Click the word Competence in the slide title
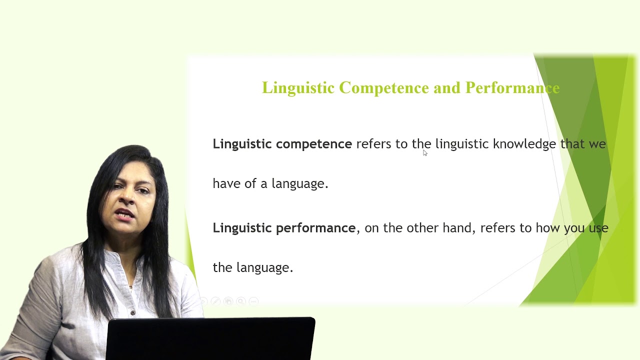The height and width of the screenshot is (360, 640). [383, 88]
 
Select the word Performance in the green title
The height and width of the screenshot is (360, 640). [512, 88]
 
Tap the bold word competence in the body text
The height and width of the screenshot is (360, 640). [313, 144]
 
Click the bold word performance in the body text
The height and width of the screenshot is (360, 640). [315, 228]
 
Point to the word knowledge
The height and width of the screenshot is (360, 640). [524, 144]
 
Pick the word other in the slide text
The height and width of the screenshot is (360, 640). [421, 228]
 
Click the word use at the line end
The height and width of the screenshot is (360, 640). [598, 228]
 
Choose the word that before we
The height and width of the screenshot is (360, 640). [572, 144]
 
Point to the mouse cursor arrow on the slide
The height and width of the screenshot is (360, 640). [424, 153]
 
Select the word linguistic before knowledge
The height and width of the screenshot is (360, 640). [461, 144]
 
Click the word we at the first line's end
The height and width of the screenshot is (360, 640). [597, 144]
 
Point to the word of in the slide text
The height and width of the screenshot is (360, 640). [250, 183]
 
